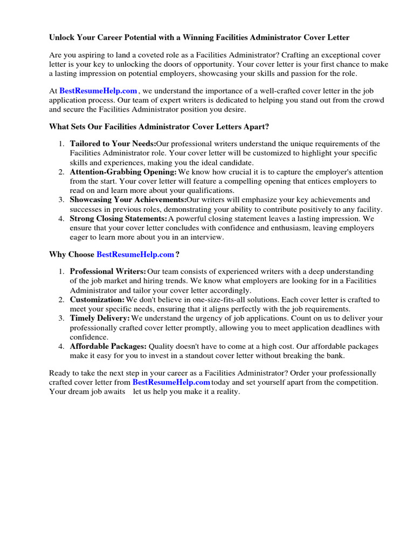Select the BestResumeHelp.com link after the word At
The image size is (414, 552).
pos(98,92)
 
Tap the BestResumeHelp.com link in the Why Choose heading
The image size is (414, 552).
pos(135,254)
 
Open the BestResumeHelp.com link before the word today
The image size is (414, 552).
pos(171,382)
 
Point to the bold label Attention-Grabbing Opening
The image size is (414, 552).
pos(123,172)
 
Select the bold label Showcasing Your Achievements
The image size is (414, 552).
pos(128,200)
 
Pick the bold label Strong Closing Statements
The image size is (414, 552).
pos(119,219)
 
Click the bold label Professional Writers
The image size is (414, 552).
pos(108,271)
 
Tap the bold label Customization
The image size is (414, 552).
pos(97,299)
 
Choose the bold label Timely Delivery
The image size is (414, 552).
pos(100,318)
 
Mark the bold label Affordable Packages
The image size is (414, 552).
pos(108,346)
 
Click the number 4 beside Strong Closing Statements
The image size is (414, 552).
pos(61,219)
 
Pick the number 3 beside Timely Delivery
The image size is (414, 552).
pos(61,318)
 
